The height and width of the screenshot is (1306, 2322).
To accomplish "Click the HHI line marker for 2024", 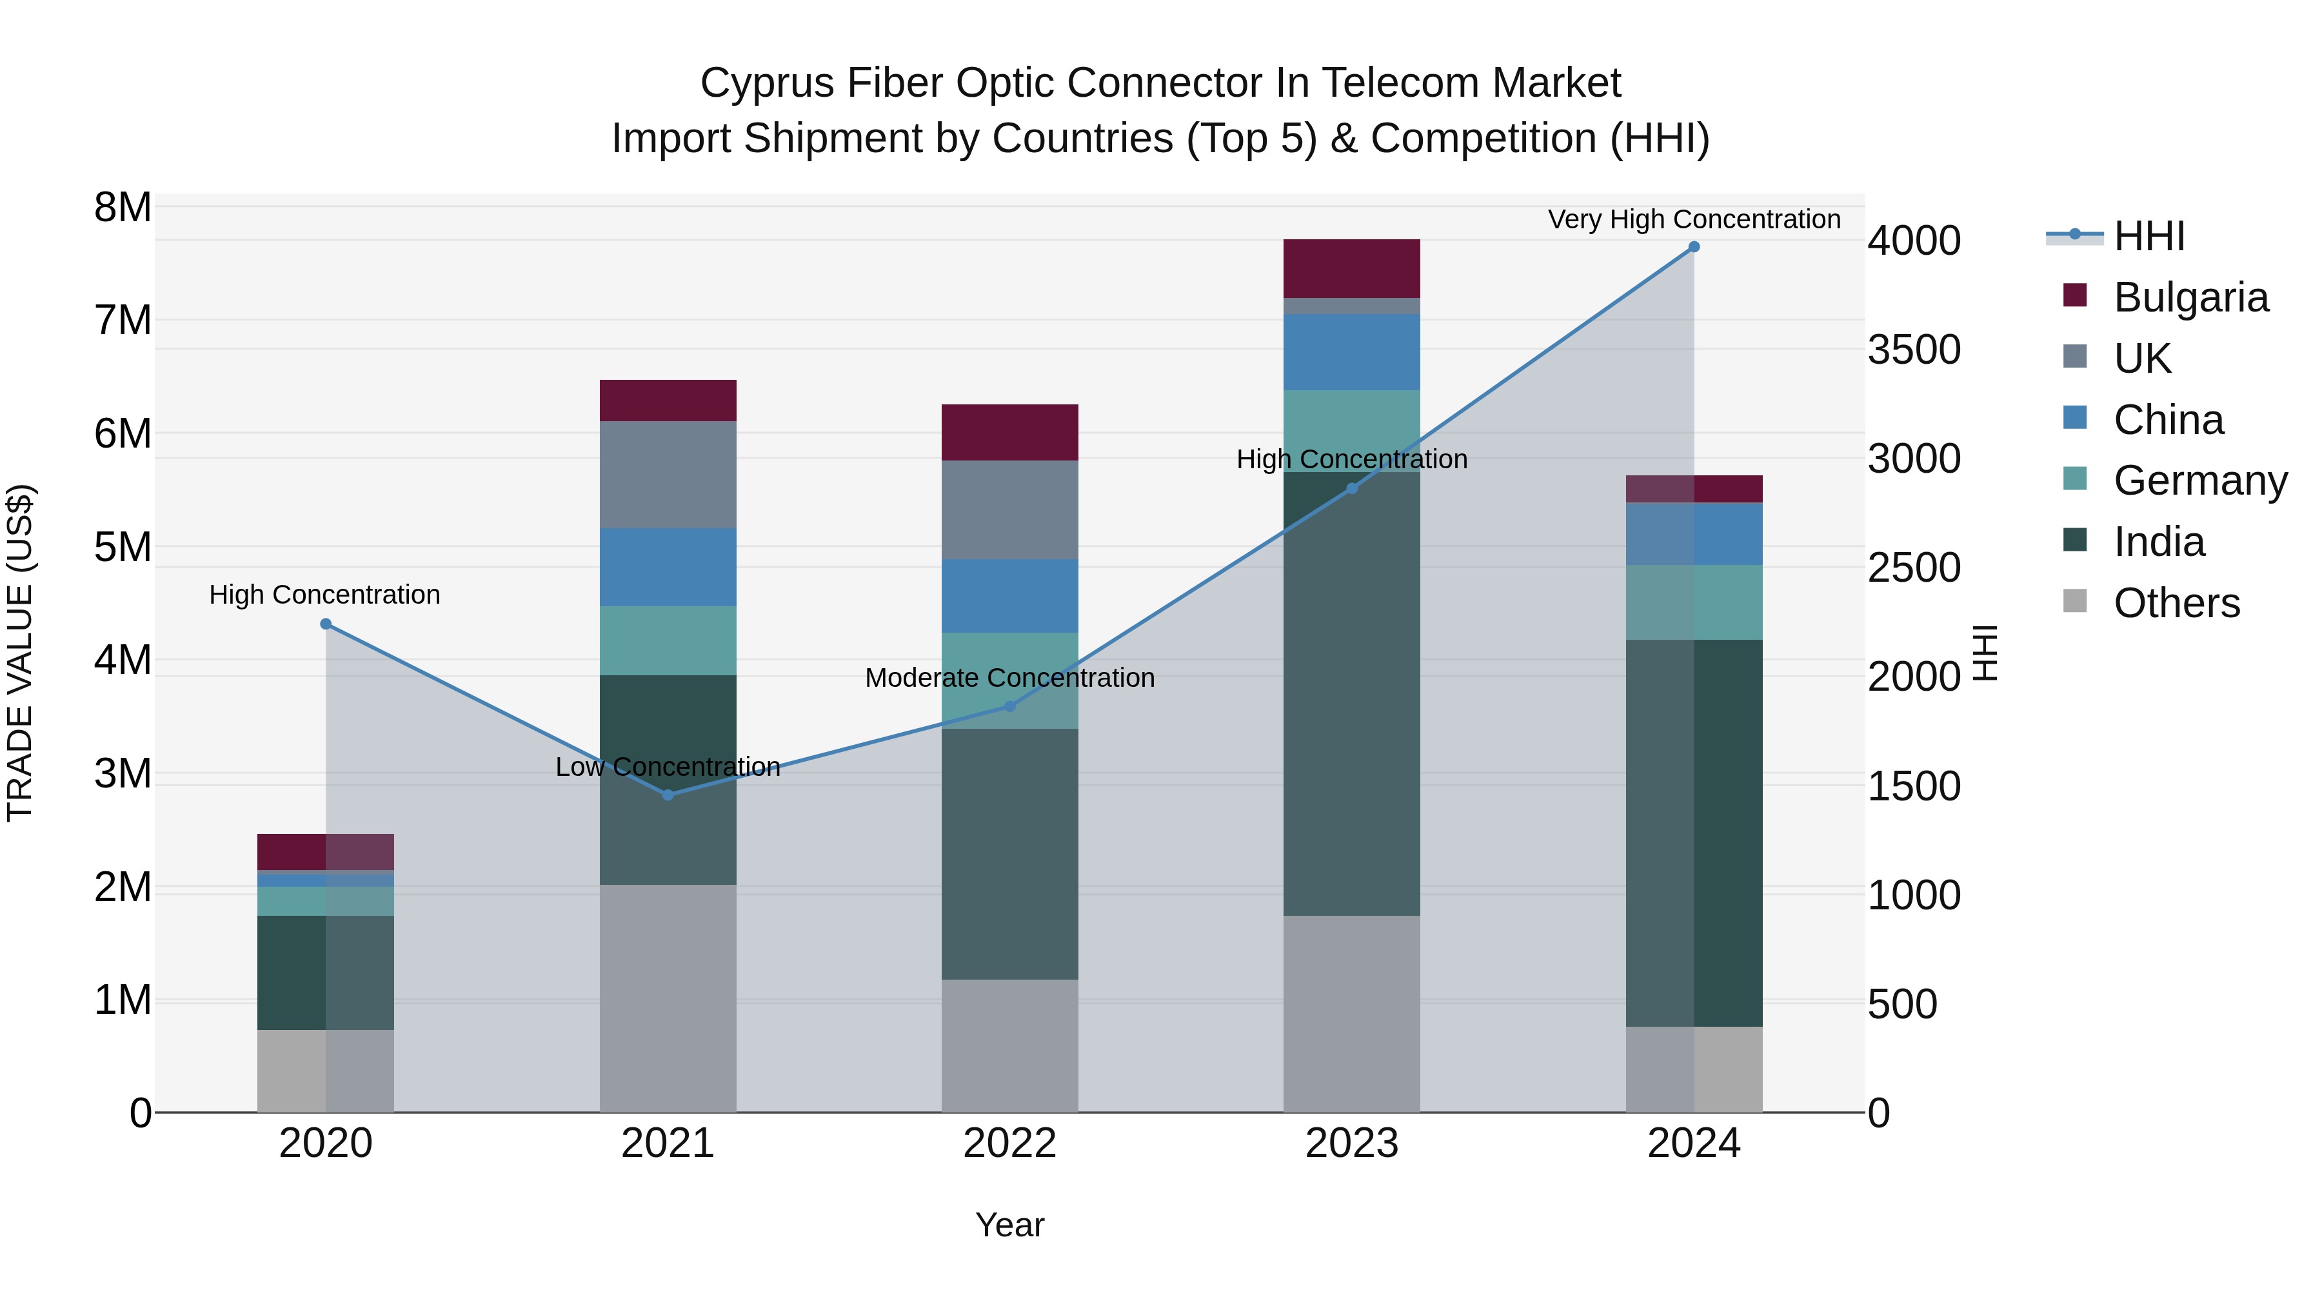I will coord(1694,247).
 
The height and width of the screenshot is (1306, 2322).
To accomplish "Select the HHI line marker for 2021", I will coord(668,795).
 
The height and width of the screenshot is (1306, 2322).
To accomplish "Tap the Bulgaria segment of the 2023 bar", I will coord(1351,268).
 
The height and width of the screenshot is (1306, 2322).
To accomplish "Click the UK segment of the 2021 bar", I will coord(668,475).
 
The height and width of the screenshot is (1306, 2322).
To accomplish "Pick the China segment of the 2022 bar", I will coord(1009,596).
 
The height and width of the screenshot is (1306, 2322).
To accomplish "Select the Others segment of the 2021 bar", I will coord(668,998).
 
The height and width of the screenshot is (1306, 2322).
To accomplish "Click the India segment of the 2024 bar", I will coord(1694,833).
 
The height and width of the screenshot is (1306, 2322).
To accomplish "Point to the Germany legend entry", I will coord(2199,481).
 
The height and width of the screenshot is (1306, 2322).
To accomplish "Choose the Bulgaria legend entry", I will coord(2190,297).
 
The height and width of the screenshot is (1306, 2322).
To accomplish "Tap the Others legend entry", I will coord(2176,603).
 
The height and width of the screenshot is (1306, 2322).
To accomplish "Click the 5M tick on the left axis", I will coord(123,547).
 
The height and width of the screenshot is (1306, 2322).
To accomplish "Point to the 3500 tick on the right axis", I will coord(1913,351).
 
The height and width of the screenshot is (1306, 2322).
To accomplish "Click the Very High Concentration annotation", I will coord(1694,220).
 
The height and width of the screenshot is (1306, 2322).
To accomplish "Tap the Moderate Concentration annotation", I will coord(1009,678).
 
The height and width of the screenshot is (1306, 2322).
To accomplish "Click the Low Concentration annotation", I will coord(668,767).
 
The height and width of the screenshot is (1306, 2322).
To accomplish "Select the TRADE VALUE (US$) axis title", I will coord(21,653).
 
